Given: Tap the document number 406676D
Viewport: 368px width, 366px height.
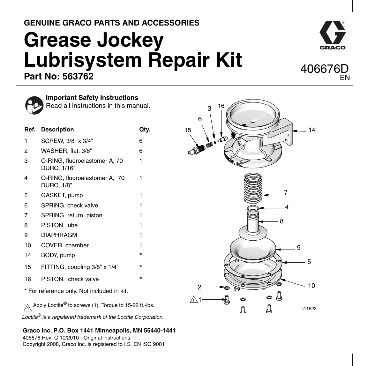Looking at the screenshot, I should tap(324, 69).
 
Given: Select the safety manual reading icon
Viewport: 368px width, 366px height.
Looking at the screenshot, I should tap(34, 105).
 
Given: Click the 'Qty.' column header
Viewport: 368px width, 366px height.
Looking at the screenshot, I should tap(145, 130).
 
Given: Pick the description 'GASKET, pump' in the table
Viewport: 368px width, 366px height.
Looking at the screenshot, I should tap(62, 195).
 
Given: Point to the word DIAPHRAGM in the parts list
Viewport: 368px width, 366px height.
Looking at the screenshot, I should tap(59, 235).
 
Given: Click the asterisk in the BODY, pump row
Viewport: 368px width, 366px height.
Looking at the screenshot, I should tap(141, 255).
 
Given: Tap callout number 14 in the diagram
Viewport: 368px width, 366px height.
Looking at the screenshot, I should tap(312, 130).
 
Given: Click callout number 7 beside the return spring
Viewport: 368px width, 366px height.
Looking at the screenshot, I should tap(286, 193).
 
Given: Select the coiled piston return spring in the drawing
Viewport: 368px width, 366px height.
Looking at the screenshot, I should tap(253, 188).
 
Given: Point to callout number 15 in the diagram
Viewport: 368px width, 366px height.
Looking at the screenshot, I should tap(188, 130).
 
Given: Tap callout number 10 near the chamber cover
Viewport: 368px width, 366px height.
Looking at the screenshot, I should tap(311, 286).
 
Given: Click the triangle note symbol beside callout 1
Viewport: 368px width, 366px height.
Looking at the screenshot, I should tap(193, 300).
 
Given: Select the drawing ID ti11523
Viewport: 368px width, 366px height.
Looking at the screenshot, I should tap(309, 309).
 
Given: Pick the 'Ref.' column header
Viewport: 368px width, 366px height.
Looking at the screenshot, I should tap(30, 130).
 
